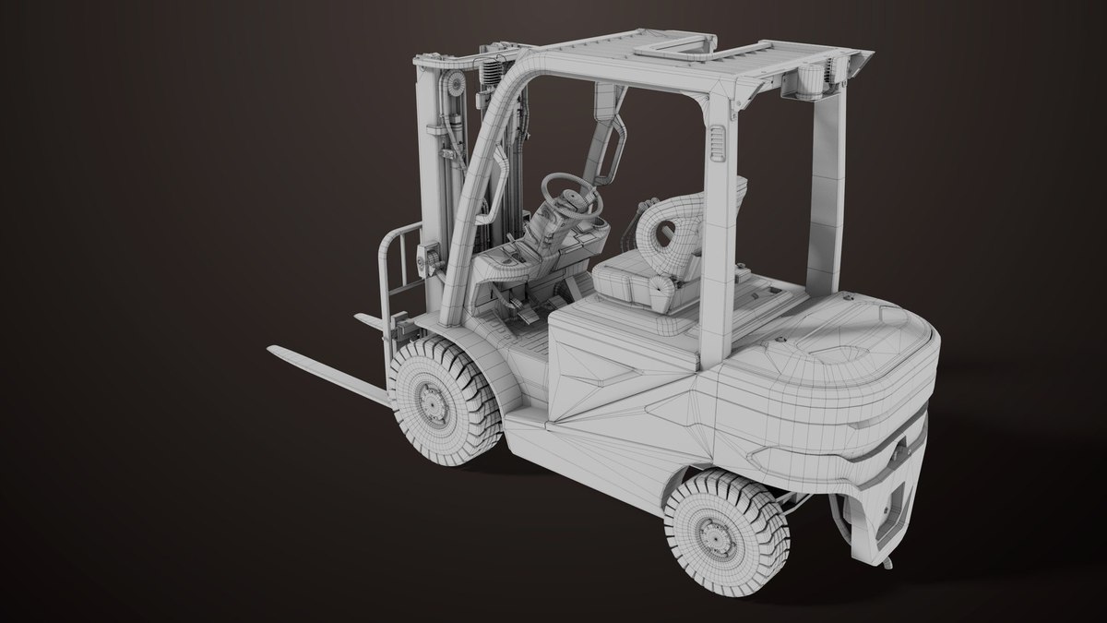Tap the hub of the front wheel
coord(431,399)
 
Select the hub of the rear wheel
coord(712,533)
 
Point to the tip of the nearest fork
coord(274,350)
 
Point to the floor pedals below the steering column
coord(526,314)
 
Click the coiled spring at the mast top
coord(491,65)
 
